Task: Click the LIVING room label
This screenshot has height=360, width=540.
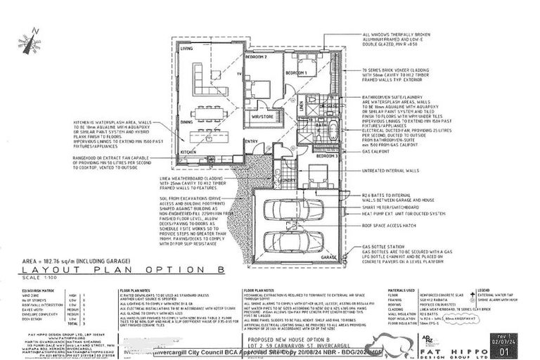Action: point(187,49)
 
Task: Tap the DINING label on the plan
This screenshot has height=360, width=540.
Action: point(187,122)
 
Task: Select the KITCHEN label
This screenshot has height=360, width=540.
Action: point(188,152)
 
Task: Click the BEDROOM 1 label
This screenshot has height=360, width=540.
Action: point(296,72)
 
